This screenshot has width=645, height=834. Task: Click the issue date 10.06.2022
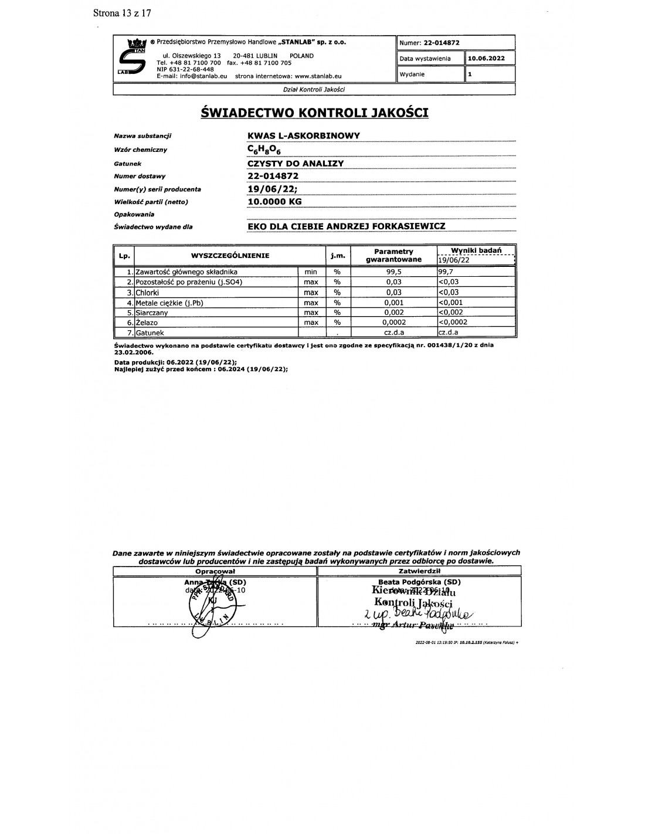[x=486, y=59]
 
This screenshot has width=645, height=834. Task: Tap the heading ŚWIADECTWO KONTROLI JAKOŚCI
[x=314, y=112]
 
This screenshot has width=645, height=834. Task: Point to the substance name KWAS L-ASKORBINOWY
[x=304, y=135]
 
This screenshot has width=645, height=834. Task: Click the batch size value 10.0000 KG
[x=275, y=201]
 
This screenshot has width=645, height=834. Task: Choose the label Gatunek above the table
[x=128, y=164]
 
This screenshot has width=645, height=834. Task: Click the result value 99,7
[x=446, y=272]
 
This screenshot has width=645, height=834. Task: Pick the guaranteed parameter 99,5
[x=393, y=272]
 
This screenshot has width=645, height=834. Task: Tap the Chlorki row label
[x=147, y=292]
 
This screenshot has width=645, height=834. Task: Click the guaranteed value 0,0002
[x=393, y=323]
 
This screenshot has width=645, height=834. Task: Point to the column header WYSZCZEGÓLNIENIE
[x=230, y=256]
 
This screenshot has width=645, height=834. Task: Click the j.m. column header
[x=337, y=256]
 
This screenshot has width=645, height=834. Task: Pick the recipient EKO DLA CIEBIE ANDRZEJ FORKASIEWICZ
[x=347, y=226]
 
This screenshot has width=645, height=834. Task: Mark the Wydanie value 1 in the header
[x=470, y=74]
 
